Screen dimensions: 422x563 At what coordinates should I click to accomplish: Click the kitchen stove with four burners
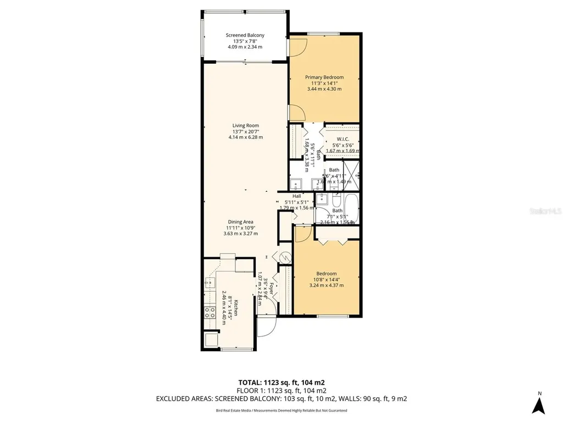(x=209, y=313)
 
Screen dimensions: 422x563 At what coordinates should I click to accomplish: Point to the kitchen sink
(x=209, y=282)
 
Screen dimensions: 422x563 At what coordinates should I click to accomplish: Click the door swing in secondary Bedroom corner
(x=301, y=234)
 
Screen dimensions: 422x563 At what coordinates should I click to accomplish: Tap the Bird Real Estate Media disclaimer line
(x=281, y=410)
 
